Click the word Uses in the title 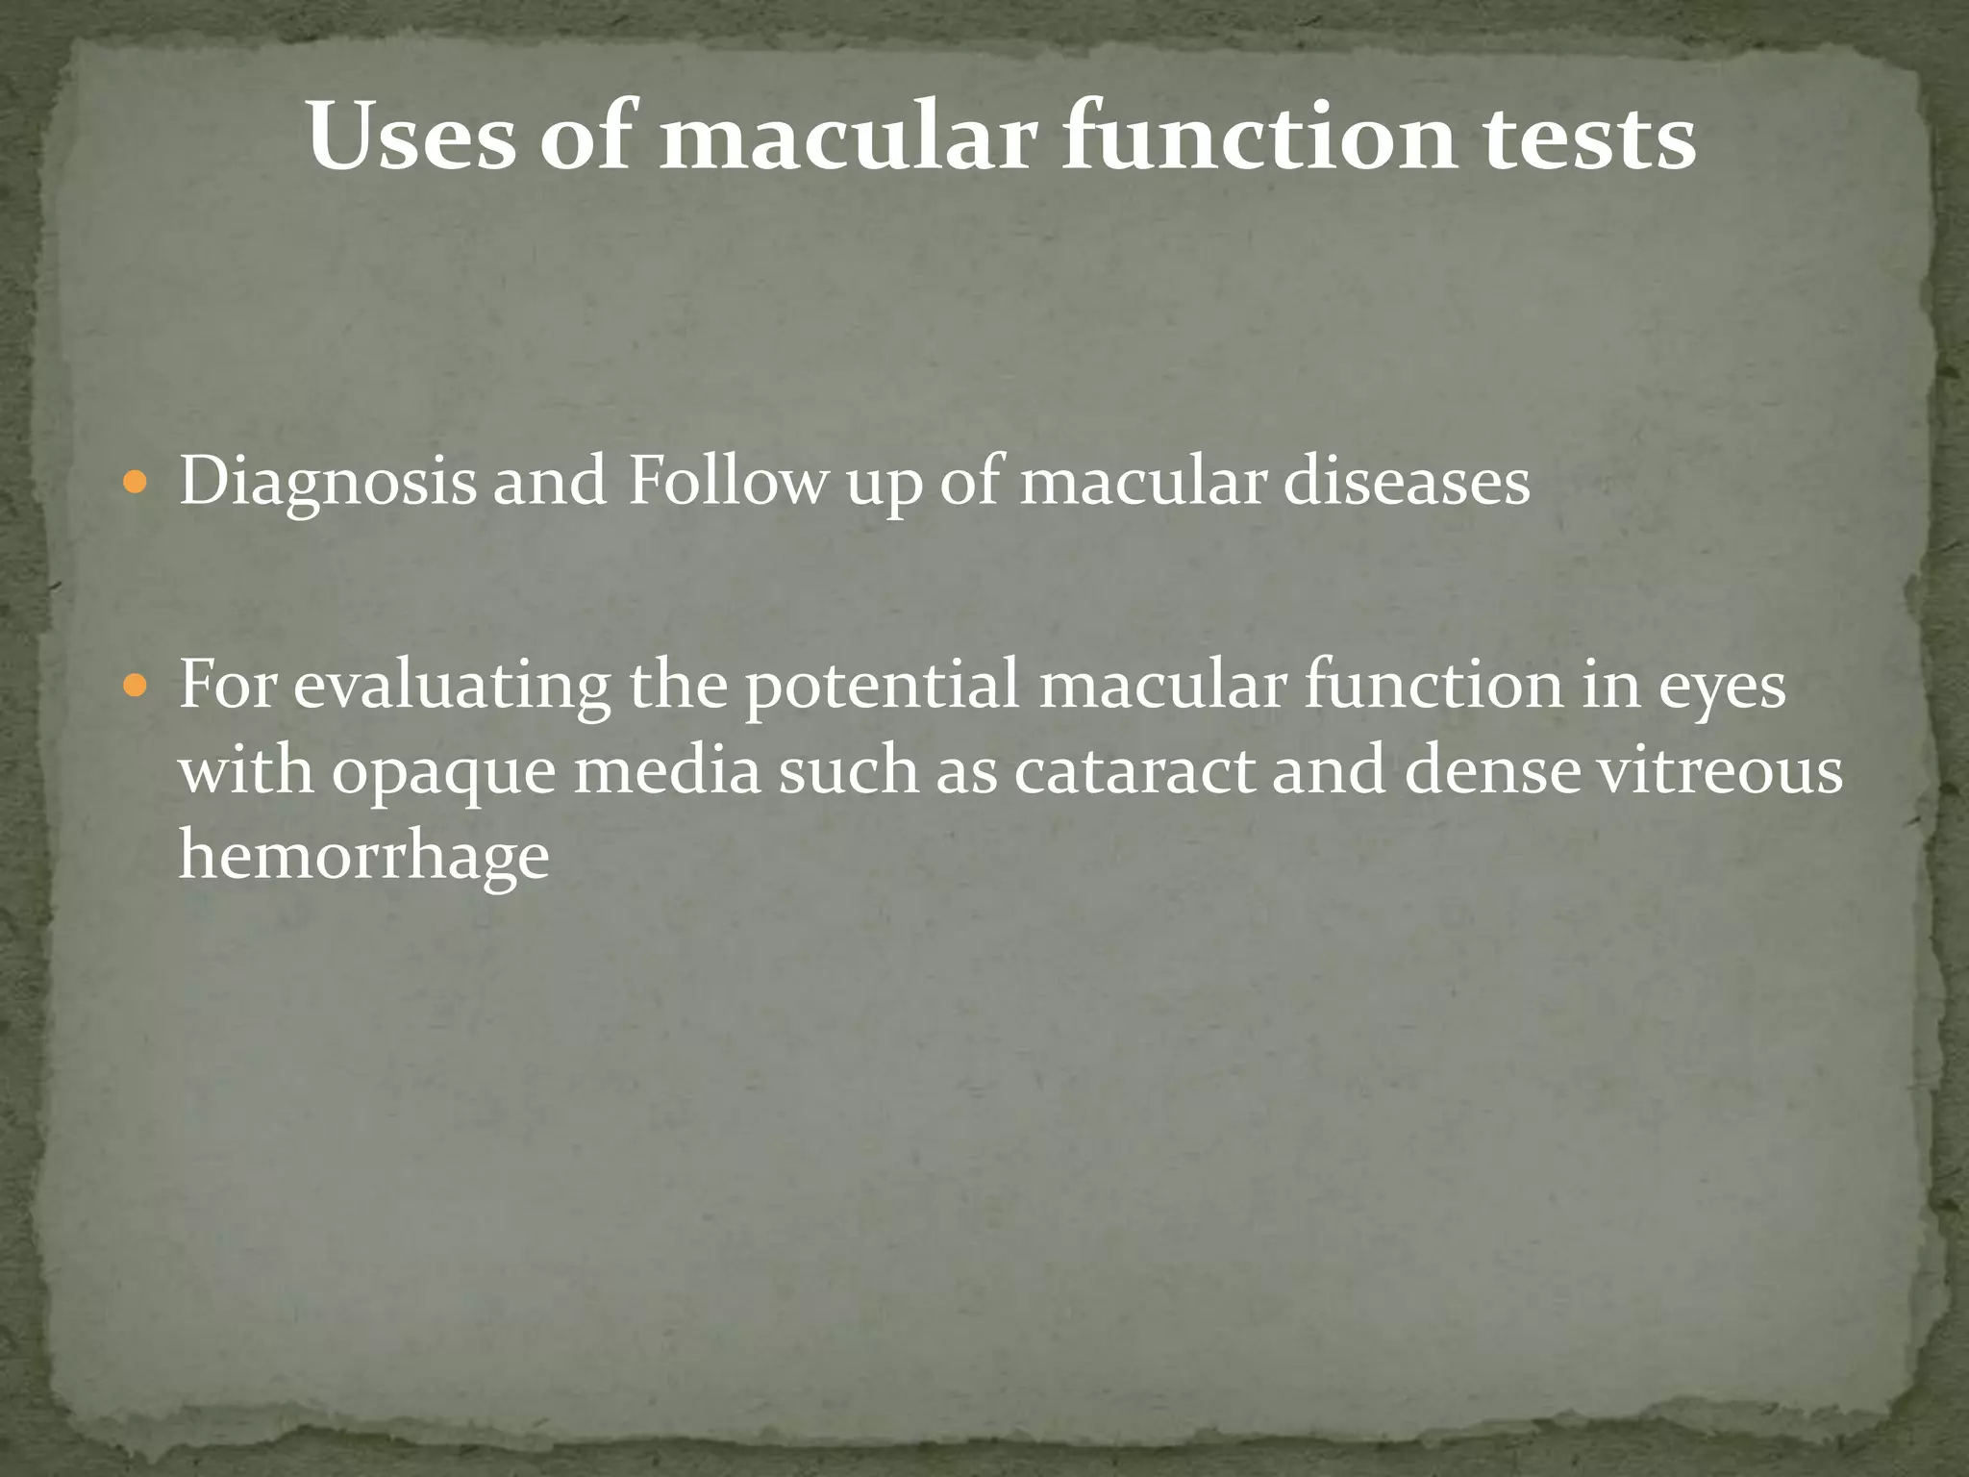(x=411, y=138)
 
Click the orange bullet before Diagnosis (x=136, y=480)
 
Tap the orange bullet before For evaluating (x=136, y=686)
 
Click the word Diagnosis (x=327, y=481)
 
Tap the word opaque (x=445, y=772)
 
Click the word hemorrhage (x=363, y=856)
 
